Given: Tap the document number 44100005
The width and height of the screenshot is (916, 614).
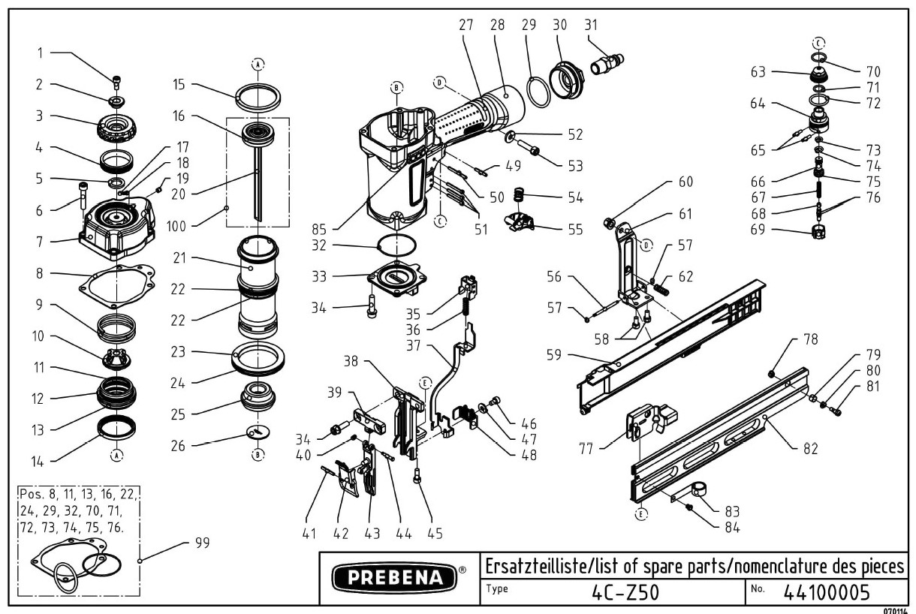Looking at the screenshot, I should point(826,592).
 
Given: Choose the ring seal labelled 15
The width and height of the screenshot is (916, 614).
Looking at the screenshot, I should point(258,96).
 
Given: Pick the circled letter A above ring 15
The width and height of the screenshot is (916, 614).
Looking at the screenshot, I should point(258,65).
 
